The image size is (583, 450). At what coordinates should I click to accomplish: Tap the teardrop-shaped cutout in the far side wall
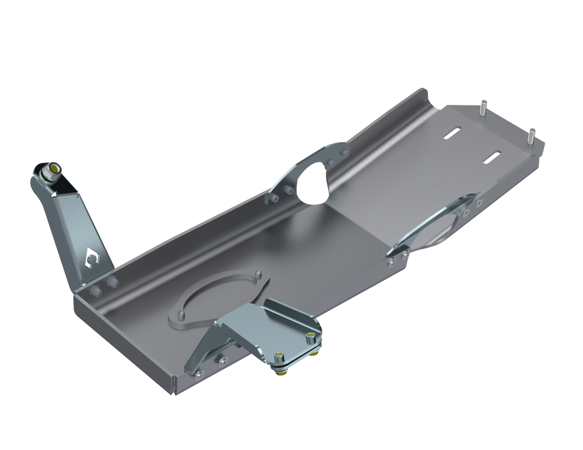point(315,180)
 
